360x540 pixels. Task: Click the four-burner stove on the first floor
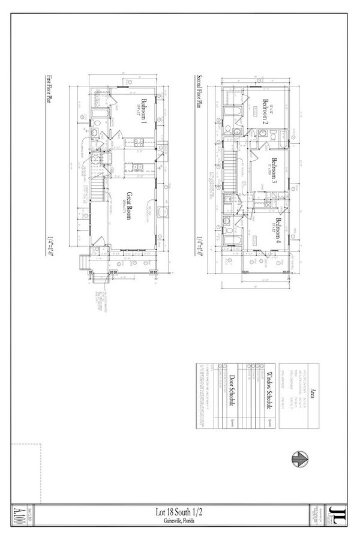pos(136,142)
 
